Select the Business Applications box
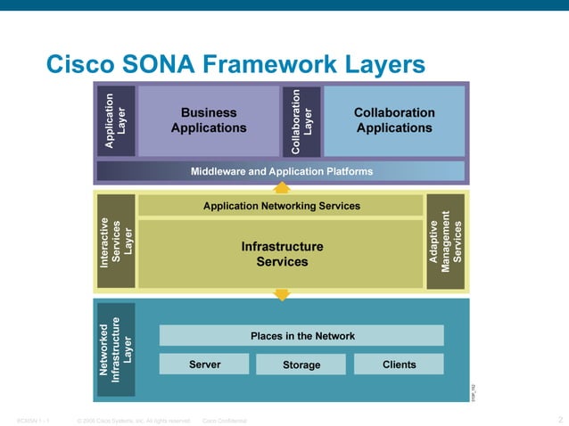pyautogui.click(x=209, y=120)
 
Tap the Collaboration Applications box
pyautogui.click(x=394, y=120)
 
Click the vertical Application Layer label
pyautogui.click(x=116, y=120)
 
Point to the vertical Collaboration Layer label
pyautogui.click(x=301, y=120)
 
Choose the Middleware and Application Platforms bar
pyautogui.click(x=282, y=171)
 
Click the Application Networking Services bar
pyautogui.click(x=282, y=206)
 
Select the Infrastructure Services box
pyautogui.click(x=282, y=254)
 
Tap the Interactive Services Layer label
pyautogui.click(x=116, y=242)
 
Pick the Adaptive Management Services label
pyautogui.click(x=446, y=242)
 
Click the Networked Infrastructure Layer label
pyautogui.click(x=116, y=349)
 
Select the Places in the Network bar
pyautogui.click(x=301, y=336)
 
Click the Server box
pyautogui.click(x=204, y=365)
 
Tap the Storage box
pyautogui.click(x=301, y=365)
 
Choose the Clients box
pyautogui.click(x=399, y=365)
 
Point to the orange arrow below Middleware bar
pyautogui.click(x=282, y=187)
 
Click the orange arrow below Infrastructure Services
pyautogui.click(x=282, y=294)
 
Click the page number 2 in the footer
pyautogui.click(x=560, y=420)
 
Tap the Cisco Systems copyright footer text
pyautogui.click(x=134, y=421)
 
